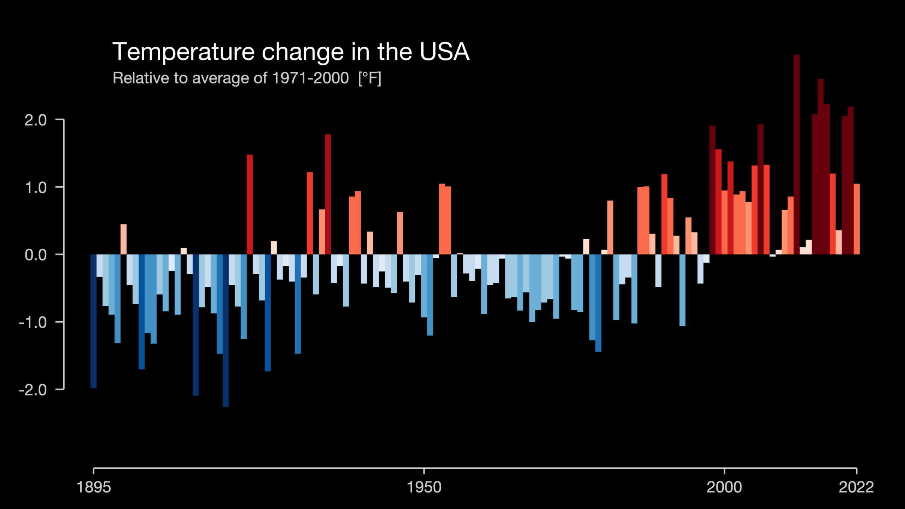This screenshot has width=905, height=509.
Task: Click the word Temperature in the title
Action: [183, 52]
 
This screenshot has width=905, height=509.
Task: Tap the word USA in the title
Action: [444, 52]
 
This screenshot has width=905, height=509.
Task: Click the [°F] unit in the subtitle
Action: [369, 78]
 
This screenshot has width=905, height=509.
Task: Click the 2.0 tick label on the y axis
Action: [36, 120]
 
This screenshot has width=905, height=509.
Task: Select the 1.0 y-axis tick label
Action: [36, 187]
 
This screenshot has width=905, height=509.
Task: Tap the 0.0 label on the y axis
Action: [36, 255]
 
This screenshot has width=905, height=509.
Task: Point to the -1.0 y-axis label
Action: [33, 322]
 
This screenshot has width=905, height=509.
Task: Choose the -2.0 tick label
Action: [33, 390]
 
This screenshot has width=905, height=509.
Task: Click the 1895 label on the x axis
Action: [94, 487]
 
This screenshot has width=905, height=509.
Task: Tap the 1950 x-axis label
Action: [424, 487]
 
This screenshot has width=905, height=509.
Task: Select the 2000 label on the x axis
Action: [724, 487]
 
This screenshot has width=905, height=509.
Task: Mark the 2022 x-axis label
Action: [856, 487]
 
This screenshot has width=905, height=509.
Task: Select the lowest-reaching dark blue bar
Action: [226, 330]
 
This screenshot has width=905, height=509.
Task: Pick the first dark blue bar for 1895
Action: [94, 321]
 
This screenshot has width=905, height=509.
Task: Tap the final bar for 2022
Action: [857, 219]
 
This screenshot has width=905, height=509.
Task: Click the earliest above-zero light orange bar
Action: [123, 239]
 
